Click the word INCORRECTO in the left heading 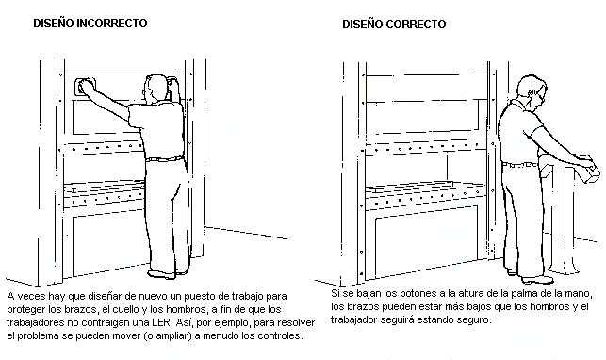112,24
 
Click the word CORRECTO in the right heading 416,25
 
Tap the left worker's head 156,89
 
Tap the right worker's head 532,90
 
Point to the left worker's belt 164,158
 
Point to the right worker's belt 520,165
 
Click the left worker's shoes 168,273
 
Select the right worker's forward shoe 537,279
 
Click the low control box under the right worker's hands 587,169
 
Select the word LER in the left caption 161,322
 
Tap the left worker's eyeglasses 146,91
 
